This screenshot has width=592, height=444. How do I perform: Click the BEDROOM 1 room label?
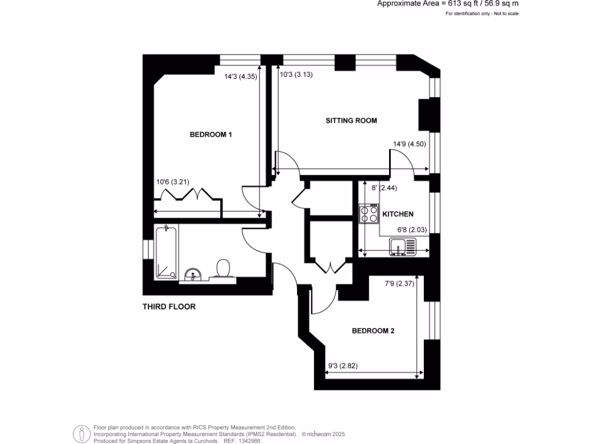pos(210,134)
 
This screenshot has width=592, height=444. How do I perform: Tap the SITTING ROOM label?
pos(351,120)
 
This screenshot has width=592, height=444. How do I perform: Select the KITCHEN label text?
pos(398,214)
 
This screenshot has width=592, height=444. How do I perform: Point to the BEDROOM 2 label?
pos(373,331)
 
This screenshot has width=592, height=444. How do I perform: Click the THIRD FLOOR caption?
pos(169,306)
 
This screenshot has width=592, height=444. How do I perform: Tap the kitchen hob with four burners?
pos(369,214)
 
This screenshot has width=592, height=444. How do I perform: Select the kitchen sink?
pos(402,246)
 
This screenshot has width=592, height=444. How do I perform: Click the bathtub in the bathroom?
pos(166,252)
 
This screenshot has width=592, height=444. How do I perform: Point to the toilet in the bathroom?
pos(223,269)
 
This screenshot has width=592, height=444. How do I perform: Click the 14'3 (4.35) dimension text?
pos(240,76)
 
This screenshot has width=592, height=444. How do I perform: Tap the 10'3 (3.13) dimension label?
pos(296,75)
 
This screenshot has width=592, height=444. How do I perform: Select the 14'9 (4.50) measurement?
pos(409,144)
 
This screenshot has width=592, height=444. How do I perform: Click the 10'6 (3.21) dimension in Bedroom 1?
pos(172,182)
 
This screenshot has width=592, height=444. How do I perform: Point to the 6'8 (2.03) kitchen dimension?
pos(412,230)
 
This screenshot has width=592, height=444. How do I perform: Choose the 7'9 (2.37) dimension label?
pos(399,283)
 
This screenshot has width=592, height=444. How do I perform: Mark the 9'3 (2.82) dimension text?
pos(343,365)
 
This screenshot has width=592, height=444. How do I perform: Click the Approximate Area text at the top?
pos(448,4)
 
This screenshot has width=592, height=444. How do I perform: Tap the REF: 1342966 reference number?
pos(242,441)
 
